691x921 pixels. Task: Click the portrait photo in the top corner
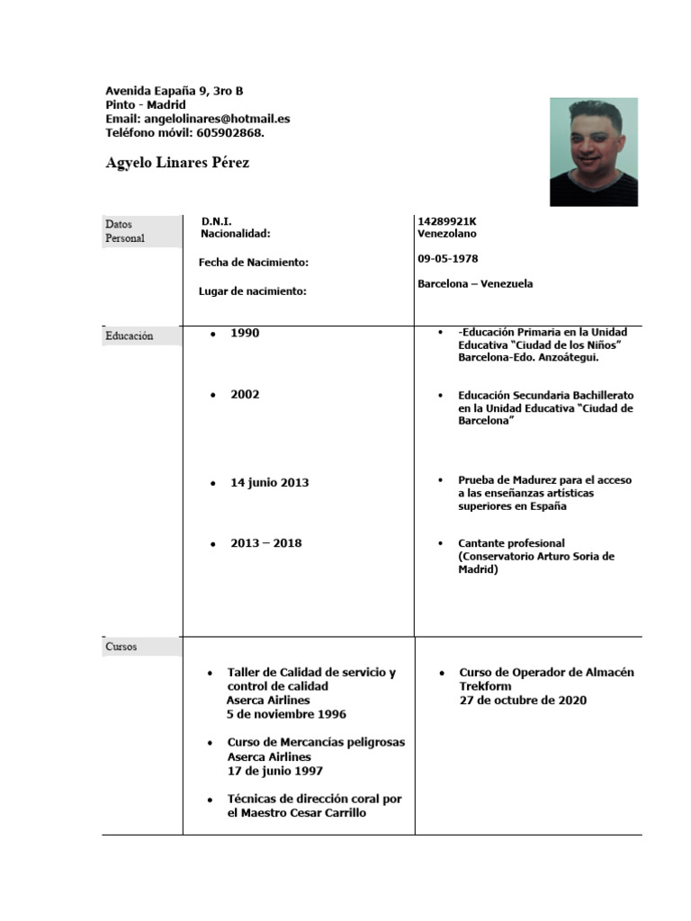593,152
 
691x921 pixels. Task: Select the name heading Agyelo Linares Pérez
177,163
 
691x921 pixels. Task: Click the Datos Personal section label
125,231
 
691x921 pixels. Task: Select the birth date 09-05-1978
448,258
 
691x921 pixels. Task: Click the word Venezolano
447,234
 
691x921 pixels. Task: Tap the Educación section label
130,336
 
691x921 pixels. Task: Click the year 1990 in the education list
245,333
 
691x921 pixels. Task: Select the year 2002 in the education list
245,394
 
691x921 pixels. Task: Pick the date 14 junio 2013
269,482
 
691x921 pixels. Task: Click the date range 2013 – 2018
265,543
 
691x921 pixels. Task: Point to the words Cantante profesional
511,543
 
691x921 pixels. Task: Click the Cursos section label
121,647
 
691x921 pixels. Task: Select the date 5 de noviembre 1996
286,714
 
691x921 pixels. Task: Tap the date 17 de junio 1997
275,771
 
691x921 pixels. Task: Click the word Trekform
485,686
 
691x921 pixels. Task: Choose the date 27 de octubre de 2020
523,700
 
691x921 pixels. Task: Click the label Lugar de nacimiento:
253,291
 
